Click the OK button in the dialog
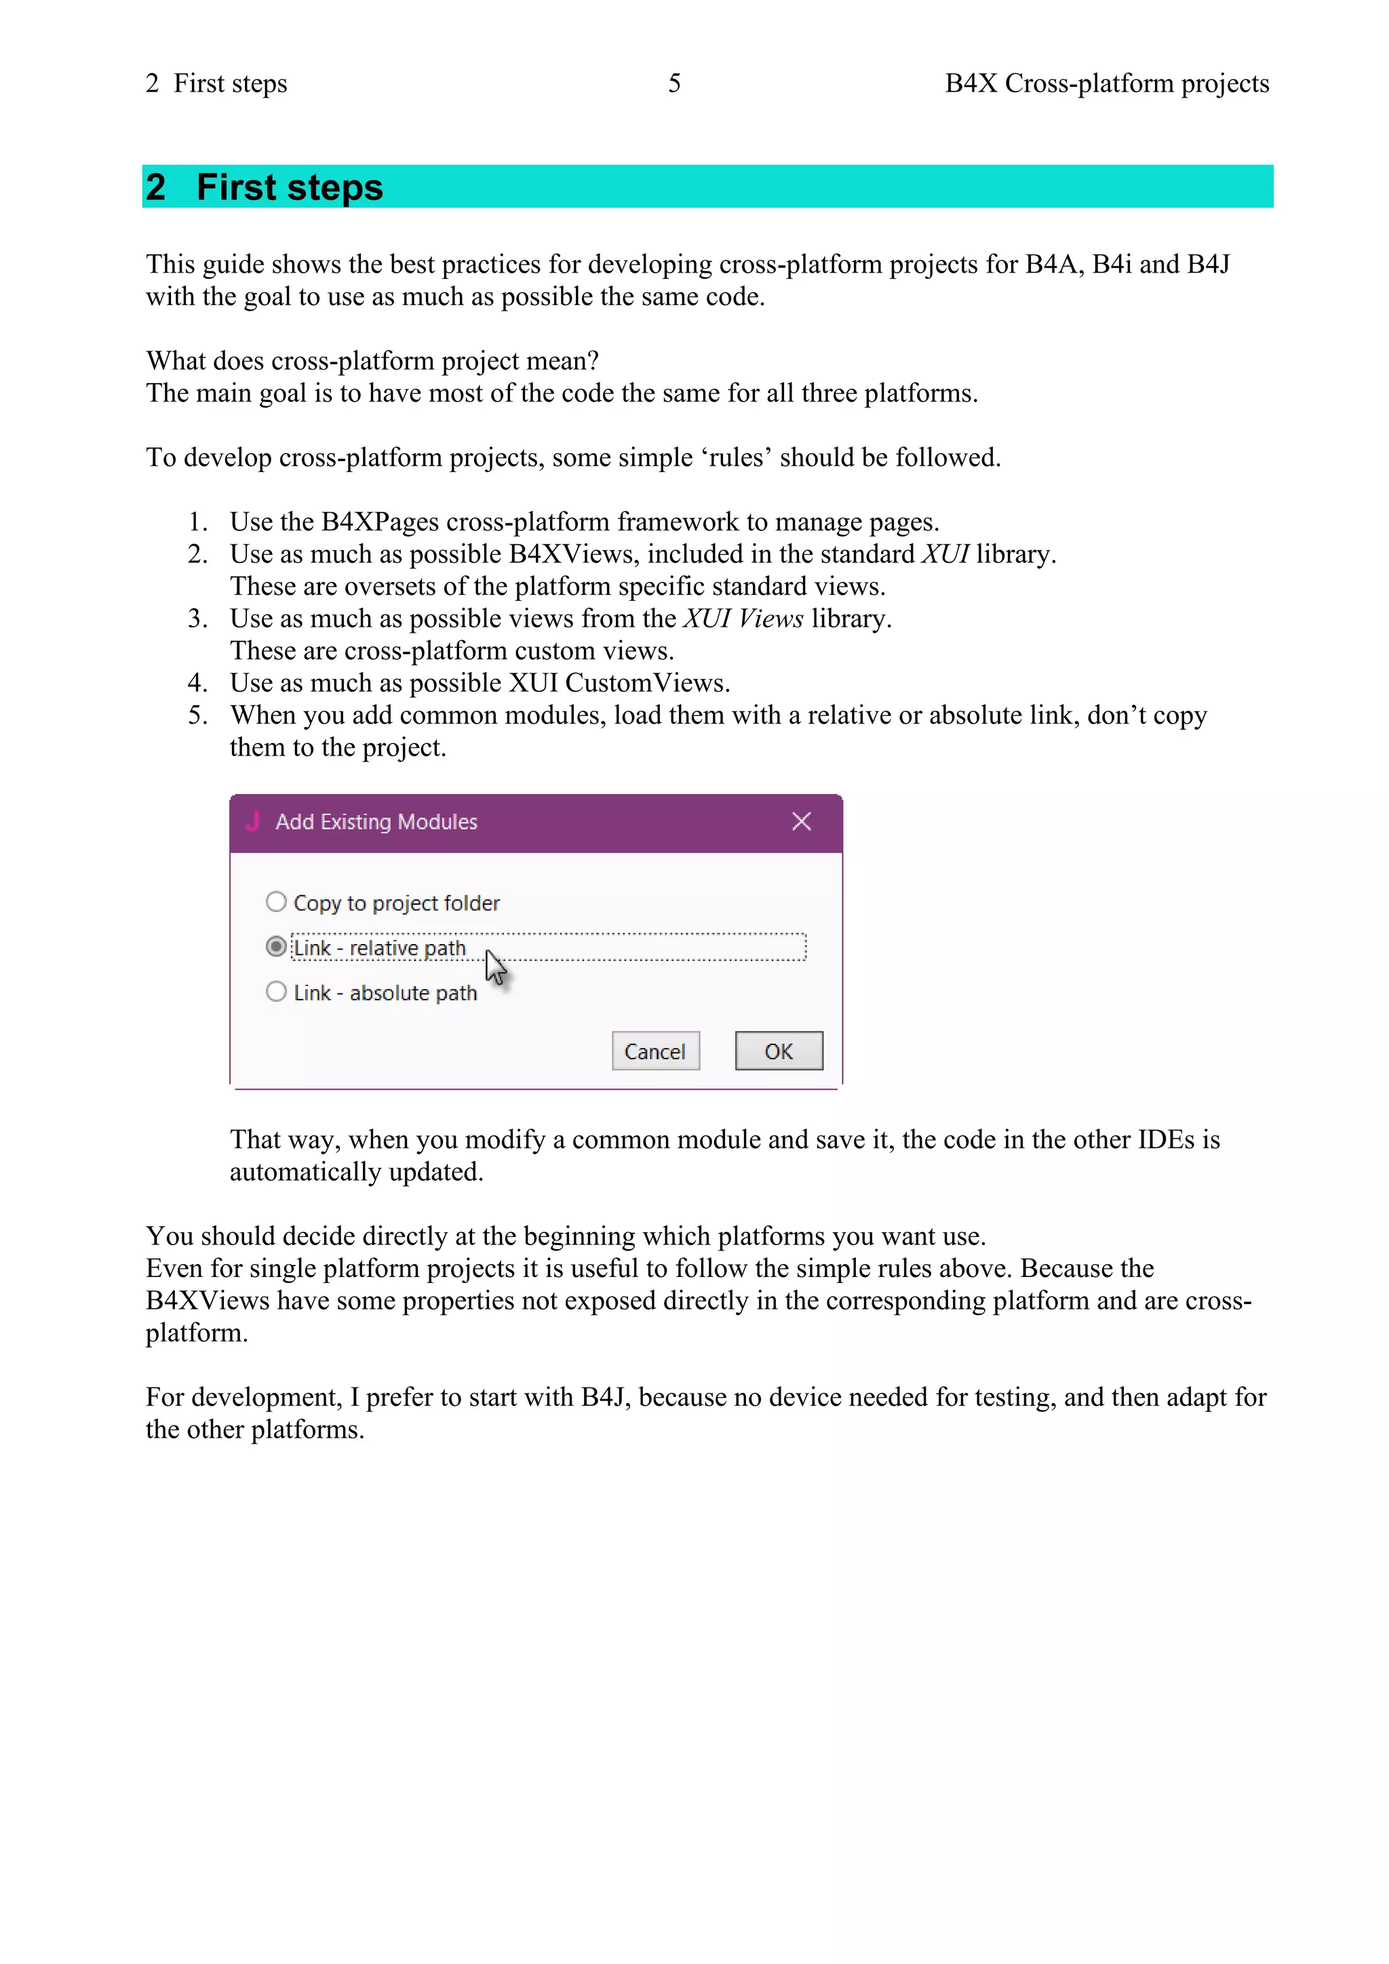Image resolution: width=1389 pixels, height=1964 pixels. coord(779,1050)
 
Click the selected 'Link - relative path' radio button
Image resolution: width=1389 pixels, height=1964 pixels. coord(275,946)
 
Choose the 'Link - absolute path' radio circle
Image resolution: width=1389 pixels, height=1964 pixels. coord(275,991)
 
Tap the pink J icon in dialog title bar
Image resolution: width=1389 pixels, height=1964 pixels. coord(252,821)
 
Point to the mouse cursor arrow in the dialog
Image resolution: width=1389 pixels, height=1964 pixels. coord(495,966)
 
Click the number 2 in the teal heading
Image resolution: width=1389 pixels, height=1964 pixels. coord(156,187)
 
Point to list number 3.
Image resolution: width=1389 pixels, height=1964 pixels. coord(197,618)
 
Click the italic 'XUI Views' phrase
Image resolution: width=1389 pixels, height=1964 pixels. coord(743,618)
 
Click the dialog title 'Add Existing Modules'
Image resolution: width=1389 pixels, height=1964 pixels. coord(376,821)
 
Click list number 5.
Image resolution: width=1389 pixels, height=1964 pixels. coord(197,715)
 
